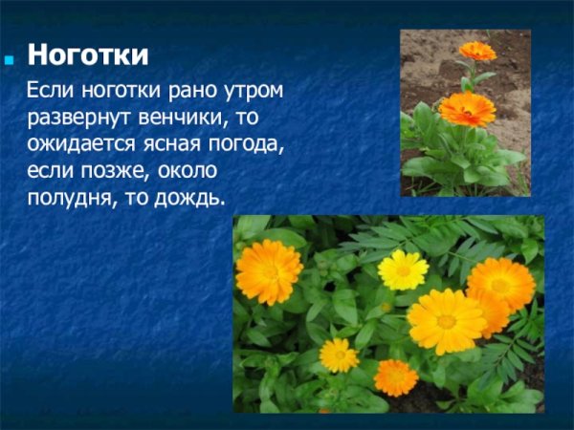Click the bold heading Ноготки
click(87, 55)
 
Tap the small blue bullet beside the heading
click(11, 57)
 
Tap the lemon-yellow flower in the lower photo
click(403, 270)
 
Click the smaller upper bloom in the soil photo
click(476, 51)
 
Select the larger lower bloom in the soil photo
click(467, 109)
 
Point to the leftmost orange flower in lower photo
click(269, 271)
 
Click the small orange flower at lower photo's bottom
click(395, 376)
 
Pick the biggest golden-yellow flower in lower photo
click(446, 321)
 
